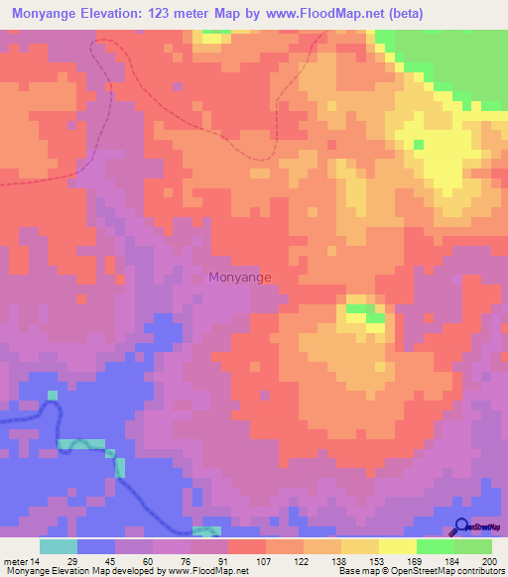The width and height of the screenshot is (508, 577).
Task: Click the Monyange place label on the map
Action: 239,278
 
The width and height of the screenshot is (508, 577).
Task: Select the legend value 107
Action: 265,560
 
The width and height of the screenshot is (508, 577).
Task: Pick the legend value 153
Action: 378,560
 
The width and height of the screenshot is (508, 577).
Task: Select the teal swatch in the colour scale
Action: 59,546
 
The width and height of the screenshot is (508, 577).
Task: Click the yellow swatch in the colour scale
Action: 398,546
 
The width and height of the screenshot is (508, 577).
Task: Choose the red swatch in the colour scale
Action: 246,546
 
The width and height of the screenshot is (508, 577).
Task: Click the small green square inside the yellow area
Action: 419,145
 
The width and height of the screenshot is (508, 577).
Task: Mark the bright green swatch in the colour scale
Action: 435,546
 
